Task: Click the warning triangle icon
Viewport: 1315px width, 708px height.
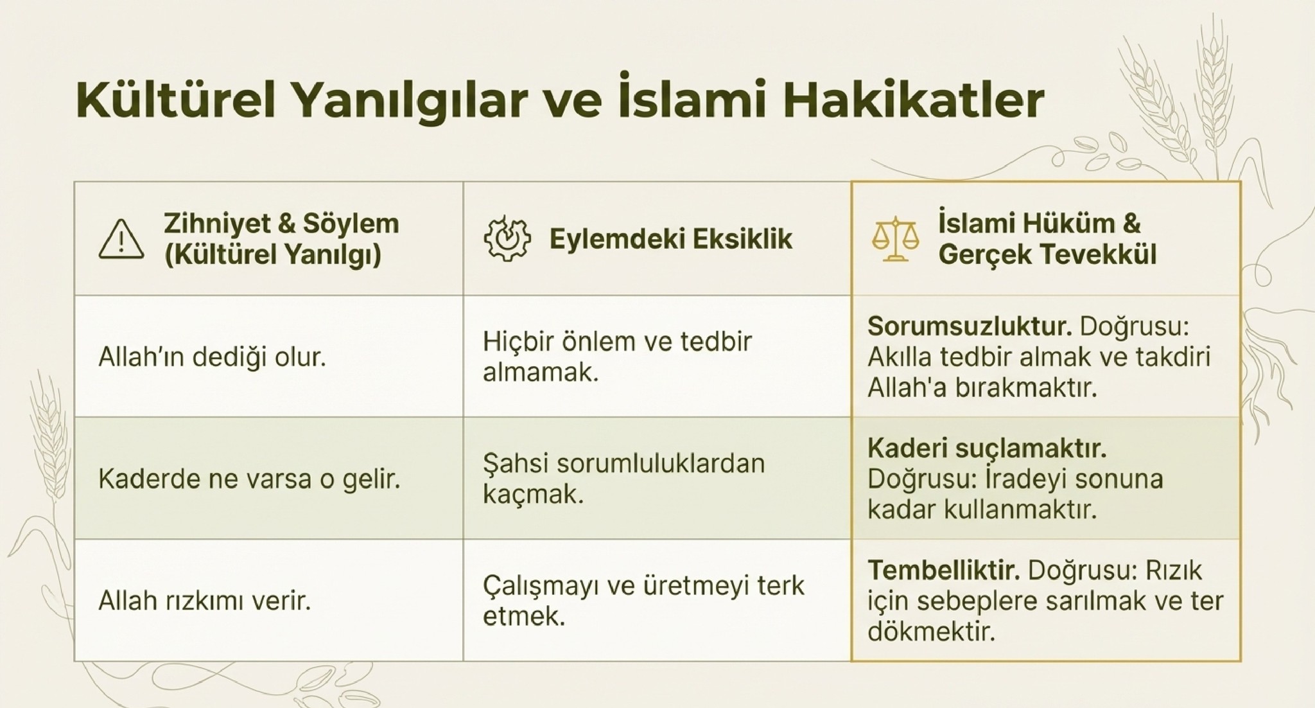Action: point(121,240)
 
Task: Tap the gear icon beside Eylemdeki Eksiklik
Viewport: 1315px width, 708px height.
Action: point(507,239)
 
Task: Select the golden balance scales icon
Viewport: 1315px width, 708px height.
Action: point(895,239)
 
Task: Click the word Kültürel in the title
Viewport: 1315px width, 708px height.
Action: point(176,100)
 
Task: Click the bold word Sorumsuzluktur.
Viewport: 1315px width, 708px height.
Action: point(970,326)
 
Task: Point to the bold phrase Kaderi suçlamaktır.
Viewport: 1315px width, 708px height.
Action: point(987,448)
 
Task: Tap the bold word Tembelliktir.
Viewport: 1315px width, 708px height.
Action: point(944,570)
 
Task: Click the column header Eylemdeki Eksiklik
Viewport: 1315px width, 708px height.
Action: point(671,239)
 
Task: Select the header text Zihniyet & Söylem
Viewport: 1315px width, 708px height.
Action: point(281,224)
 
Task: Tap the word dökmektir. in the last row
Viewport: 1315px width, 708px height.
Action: point(931,632)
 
